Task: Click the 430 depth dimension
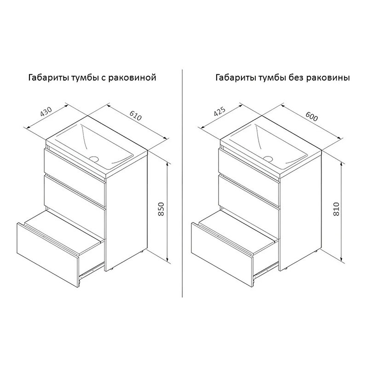click(x=46, y=112)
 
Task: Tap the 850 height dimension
click(x=161, y=209)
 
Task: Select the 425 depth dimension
click(x=219, y=111)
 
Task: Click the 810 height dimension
click(x=336, y=209)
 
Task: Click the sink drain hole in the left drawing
click(x=94, y=158)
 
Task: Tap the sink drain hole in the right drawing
click(x=268, y=158)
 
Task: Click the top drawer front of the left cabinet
click(x=75, y=166)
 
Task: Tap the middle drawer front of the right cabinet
click(x=249, y=192)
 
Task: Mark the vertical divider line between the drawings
click(x=183, y=183)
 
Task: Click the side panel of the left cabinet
click(x=126, y=210)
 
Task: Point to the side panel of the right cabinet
click(x=300, y=210)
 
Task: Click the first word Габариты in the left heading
click(x=49, y=78)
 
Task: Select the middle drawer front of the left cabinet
click(x=75, y=192)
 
